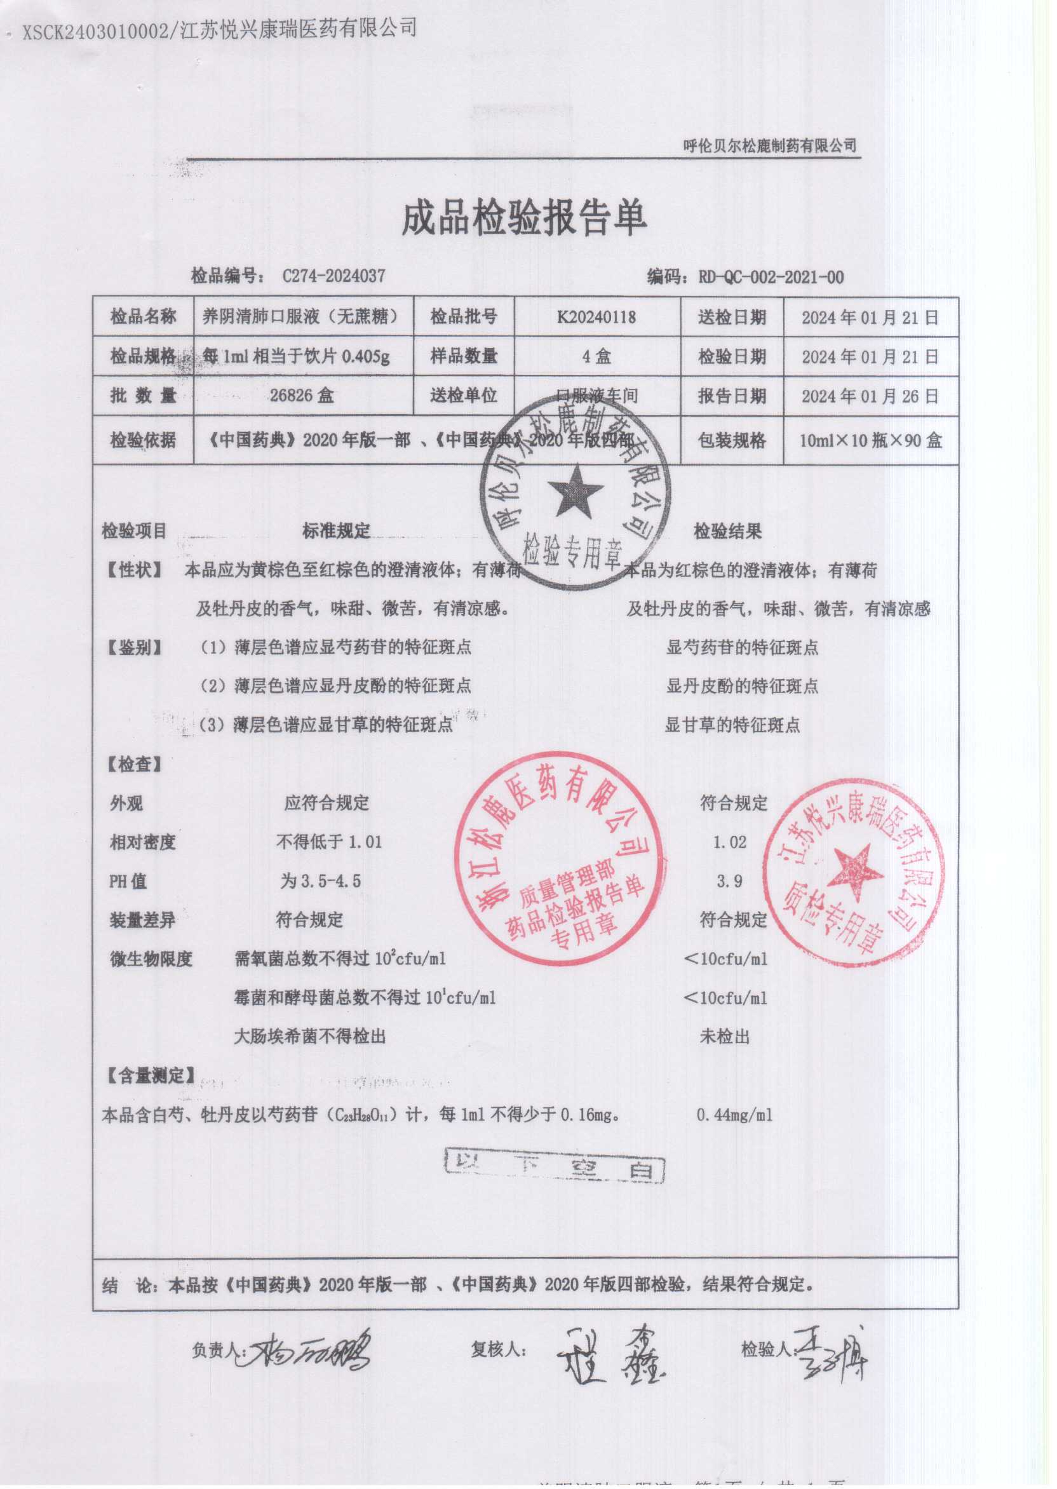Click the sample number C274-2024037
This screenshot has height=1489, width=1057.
point(333,276)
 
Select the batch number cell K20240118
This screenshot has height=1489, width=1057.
point(596,318)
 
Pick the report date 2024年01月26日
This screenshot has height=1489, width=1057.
point(870,396)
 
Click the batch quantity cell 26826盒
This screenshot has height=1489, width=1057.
point(302,395)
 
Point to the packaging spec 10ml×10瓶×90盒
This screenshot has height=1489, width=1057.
point(870,441)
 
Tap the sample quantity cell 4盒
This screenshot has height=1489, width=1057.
point(596,356)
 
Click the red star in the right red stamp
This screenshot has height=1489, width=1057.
point(854,873)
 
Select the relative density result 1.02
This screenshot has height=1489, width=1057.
point(729,842)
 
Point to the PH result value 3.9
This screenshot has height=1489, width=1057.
point(729,881)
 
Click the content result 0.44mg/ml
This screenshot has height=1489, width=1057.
point(734,1115)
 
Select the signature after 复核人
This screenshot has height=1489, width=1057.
point(609,1350)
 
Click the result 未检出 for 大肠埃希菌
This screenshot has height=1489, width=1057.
point(724,1036)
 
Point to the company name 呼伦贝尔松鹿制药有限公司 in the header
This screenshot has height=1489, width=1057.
point(769,145)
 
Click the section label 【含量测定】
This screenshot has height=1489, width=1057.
point(150,1075)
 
